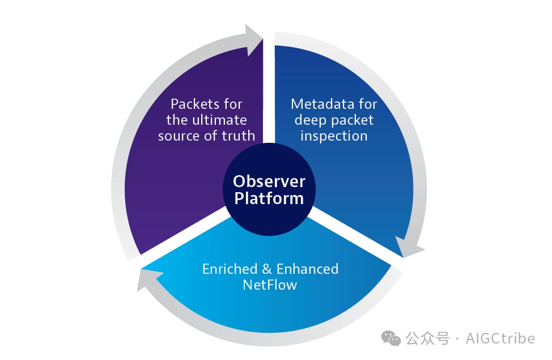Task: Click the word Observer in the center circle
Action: coord(269,181)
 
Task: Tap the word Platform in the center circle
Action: coord(269,199)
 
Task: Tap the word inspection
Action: coord(334,136)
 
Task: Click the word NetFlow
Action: coord(270,285)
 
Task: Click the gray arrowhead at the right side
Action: coord(411,249)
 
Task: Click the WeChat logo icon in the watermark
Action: coord(391,338)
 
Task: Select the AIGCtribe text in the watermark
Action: coord(500,338)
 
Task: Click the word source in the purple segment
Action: coord(178,136)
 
